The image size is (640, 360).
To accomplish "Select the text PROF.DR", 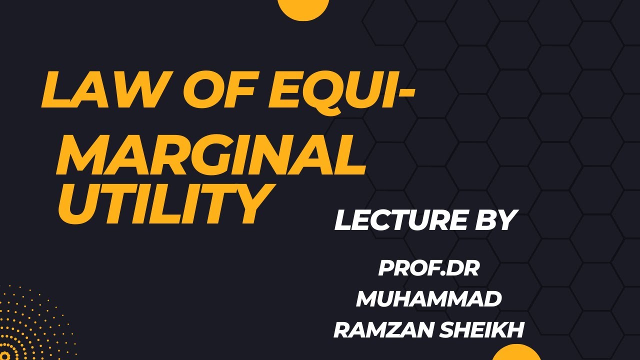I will [429, 268].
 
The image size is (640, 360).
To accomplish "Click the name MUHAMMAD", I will [429, 299].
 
